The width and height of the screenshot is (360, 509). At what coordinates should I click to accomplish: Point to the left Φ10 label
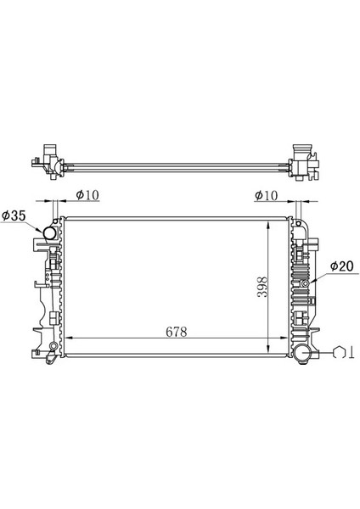[x=88, y=195]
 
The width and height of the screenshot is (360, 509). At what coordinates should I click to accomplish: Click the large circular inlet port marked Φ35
[x=51, y=230]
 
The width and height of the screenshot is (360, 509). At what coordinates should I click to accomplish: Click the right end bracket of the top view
[x=303, y=160]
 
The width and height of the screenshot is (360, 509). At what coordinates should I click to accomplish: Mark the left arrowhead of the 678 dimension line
[x=69, y=340]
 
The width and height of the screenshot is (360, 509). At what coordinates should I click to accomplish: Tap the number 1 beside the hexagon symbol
[x=352, y=353]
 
